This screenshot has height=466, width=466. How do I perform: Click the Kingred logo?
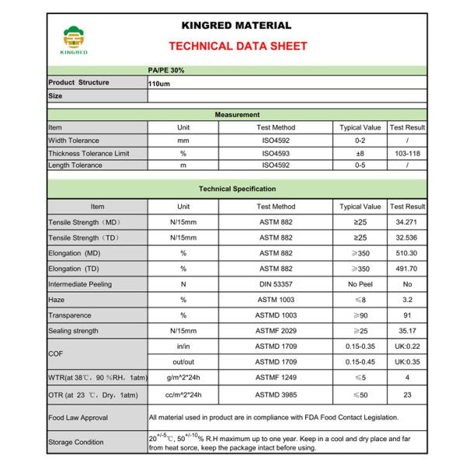point(76,40)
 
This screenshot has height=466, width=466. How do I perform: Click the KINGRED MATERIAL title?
point(237,26)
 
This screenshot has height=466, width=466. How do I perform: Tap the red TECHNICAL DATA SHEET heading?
point(237,46)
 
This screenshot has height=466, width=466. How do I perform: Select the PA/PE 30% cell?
point(166,70)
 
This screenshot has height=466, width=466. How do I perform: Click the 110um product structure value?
point(159,82)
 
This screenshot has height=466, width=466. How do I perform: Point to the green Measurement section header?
point(237,115)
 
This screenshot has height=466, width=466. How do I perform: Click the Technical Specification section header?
point(237,189)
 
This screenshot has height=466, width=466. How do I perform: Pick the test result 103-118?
point(407,154)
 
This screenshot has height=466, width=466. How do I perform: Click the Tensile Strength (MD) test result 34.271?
point(407,223)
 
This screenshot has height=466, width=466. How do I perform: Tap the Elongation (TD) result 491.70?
point(407,269)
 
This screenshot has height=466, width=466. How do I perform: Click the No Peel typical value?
point(360,284)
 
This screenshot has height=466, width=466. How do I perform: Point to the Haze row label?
point(57,300)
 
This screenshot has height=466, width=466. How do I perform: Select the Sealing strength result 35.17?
point(407,331)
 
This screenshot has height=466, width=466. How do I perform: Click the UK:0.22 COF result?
point(407,346)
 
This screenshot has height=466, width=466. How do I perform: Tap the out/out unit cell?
point(183,362)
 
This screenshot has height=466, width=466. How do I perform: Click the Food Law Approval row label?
point(78,418)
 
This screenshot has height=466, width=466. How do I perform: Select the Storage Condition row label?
point(75,443)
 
